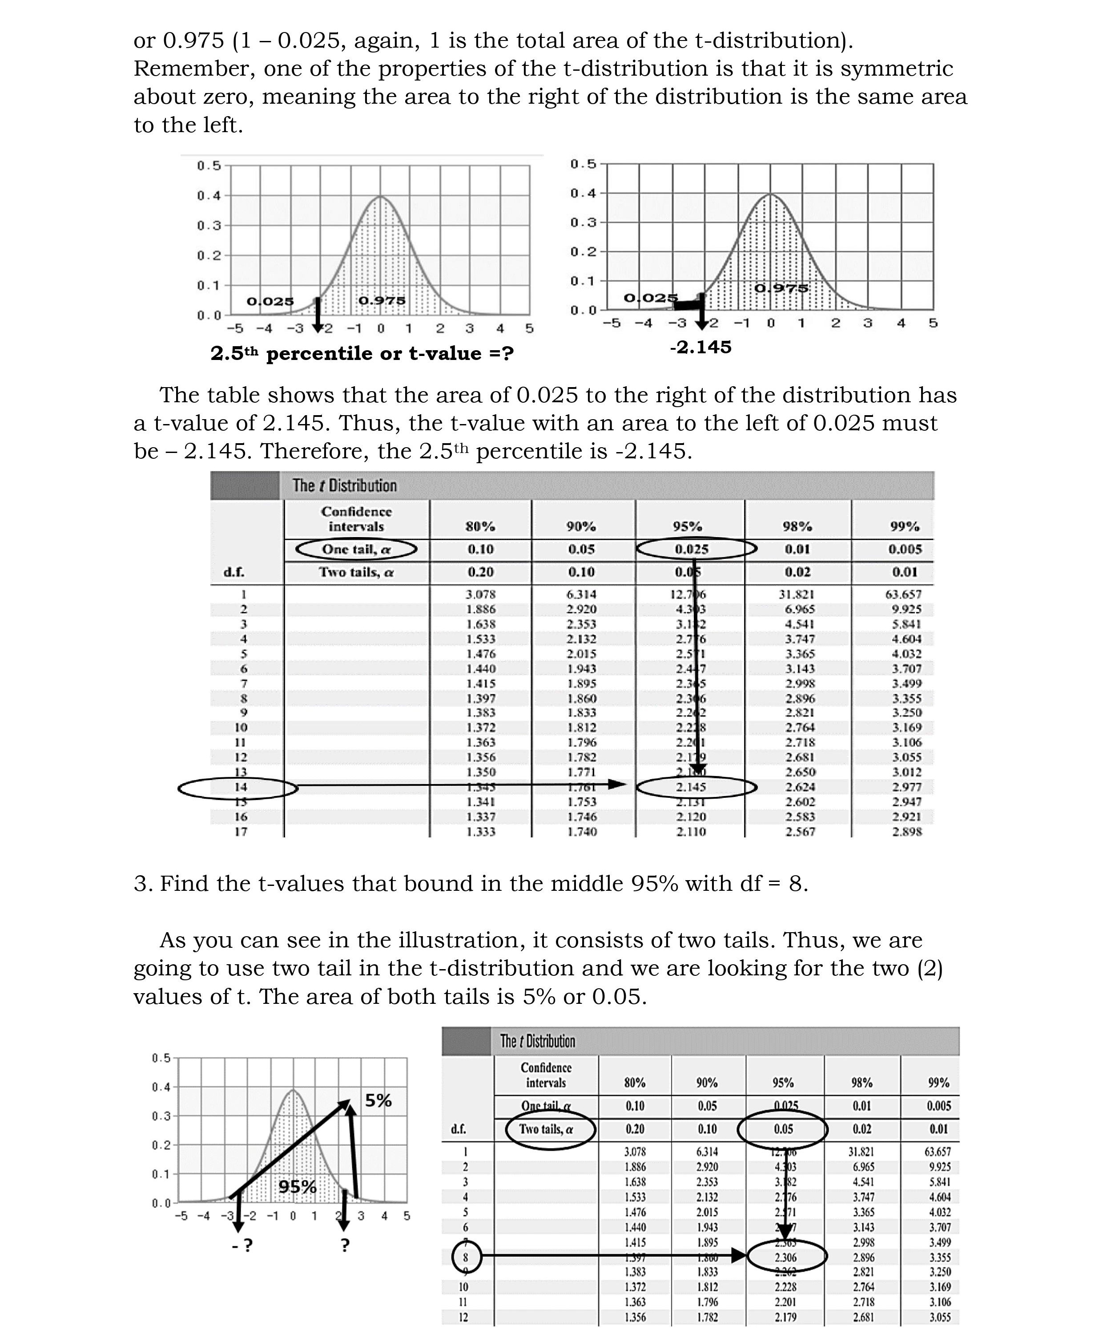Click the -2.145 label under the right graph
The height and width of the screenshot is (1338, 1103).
point(700,347)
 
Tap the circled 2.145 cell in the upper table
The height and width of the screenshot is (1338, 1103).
point(691,787)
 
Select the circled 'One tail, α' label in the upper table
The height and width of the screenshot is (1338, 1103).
point(356,549)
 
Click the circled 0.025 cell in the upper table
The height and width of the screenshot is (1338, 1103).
point(691,549)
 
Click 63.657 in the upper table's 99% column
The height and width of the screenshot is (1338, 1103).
point(903,594)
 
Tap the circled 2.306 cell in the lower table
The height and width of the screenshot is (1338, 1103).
point(785,1257)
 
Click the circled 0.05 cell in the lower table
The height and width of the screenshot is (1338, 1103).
point(783,1129)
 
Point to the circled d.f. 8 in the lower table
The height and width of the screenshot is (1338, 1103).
point(465,1257)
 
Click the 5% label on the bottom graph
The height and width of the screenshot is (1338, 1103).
point(378,1100)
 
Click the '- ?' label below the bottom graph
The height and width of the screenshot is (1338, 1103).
point(242,1245)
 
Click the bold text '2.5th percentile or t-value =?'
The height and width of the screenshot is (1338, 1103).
point(362,353)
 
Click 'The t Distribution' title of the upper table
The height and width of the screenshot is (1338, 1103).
point(344,485)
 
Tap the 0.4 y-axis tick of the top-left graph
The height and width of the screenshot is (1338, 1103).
point(209,196)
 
